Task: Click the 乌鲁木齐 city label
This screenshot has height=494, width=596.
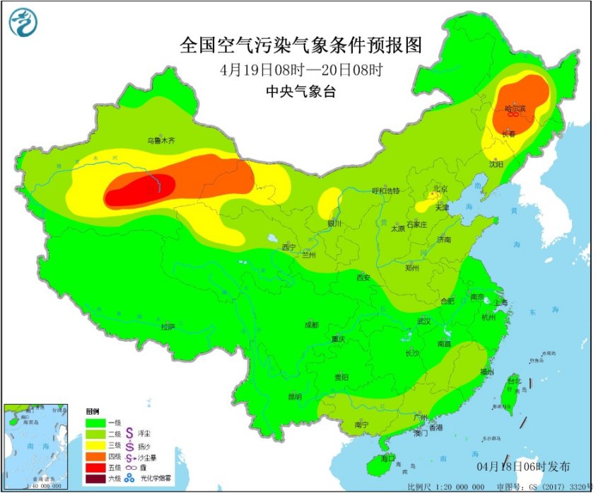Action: tap(160, 141)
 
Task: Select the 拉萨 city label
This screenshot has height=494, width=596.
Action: tap(168, 327)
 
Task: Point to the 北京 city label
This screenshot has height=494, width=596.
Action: tap(440, 189)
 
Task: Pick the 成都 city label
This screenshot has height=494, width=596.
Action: tap(311, 325)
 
